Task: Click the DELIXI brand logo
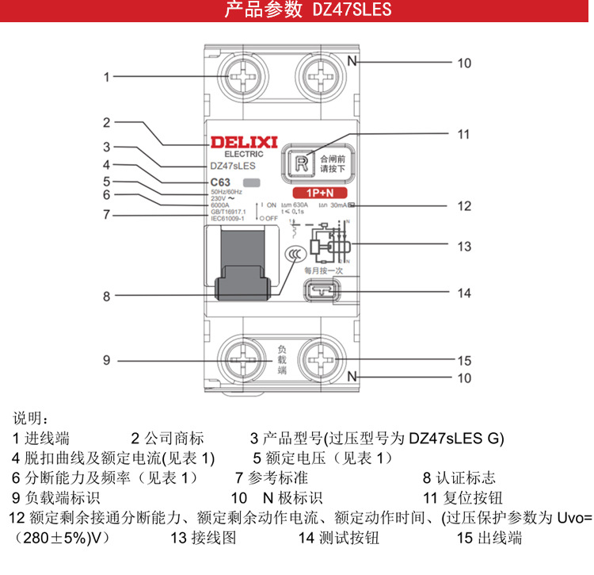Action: [x=242, y=142]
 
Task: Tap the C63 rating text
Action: [x=220, y=182]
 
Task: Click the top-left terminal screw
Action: [x=242, y=77]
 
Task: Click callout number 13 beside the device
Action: [x=464, y=247]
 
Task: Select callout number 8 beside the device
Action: [x=107, y=297]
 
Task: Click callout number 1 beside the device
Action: [x=107, y=77]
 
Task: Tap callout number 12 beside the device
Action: [x=464, y=206]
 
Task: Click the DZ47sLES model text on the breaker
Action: [x=232, y=167]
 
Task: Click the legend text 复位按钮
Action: [x=471, y=499]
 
